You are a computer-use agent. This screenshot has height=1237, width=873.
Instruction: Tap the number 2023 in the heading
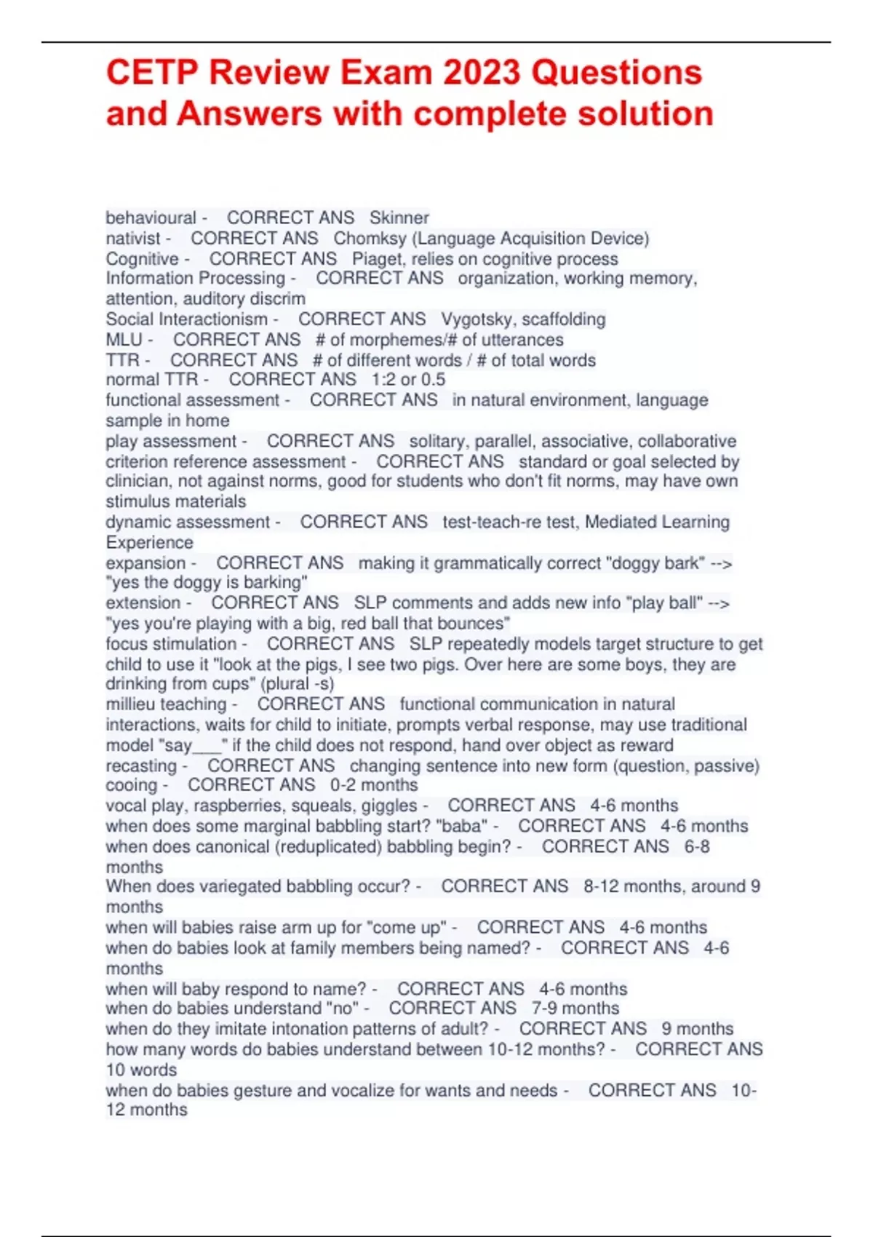(482, 73)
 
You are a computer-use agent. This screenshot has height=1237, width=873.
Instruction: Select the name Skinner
(399, 218)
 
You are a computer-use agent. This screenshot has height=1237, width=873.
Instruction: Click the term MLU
(124, 340)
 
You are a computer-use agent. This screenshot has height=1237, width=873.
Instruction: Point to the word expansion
(145, 563)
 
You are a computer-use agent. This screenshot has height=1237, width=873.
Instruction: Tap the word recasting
(141, 765)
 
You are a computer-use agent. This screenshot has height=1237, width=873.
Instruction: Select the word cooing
(131, 785)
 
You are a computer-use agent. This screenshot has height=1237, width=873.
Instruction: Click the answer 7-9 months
(575, 1009)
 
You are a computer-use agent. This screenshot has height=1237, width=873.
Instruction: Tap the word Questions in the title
(617, 73)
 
